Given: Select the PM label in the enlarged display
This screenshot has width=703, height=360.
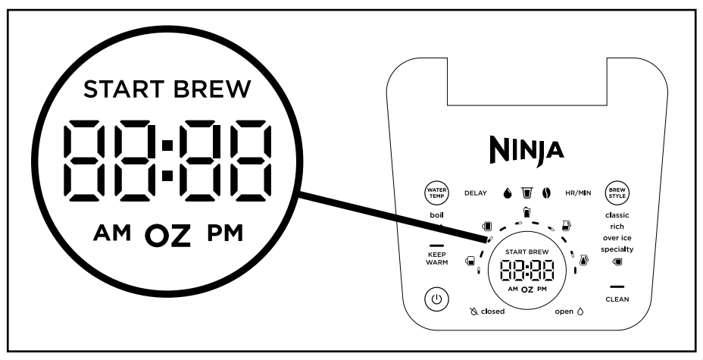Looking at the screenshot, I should point(224,233).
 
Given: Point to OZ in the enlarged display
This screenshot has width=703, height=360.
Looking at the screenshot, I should point(167,236).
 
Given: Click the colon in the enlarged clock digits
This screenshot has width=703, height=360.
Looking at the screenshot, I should point(167,159).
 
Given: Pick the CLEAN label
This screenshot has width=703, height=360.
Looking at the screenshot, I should point(617,299).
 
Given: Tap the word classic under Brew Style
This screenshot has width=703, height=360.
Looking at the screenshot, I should point(617,215).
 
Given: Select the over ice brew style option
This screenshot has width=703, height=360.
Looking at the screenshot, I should point(617,238).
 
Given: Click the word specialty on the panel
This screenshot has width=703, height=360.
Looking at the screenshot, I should point(617,249).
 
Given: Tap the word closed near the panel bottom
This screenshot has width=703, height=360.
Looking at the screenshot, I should point(493,311).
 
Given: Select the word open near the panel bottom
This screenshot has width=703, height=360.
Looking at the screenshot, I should point(564,311).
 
